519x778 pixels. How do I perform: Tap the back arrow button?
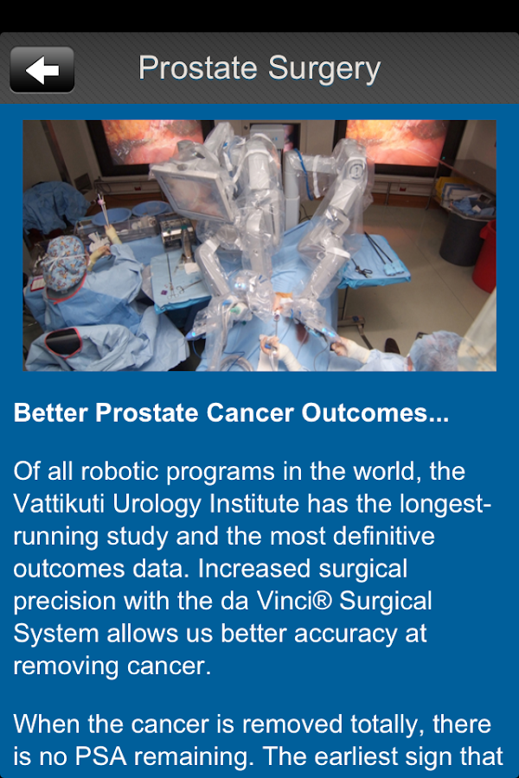[x=42, y=69]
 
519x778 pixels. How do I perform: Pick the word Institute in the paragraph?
[x=254, y=504]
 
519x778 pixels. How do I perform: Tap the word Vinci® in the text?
[x=294, y=601]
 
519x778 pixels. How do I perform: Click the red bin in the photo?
[x=484, y=257]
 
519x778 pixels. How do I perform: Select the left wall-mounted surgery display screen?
[x=151, y=143]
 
